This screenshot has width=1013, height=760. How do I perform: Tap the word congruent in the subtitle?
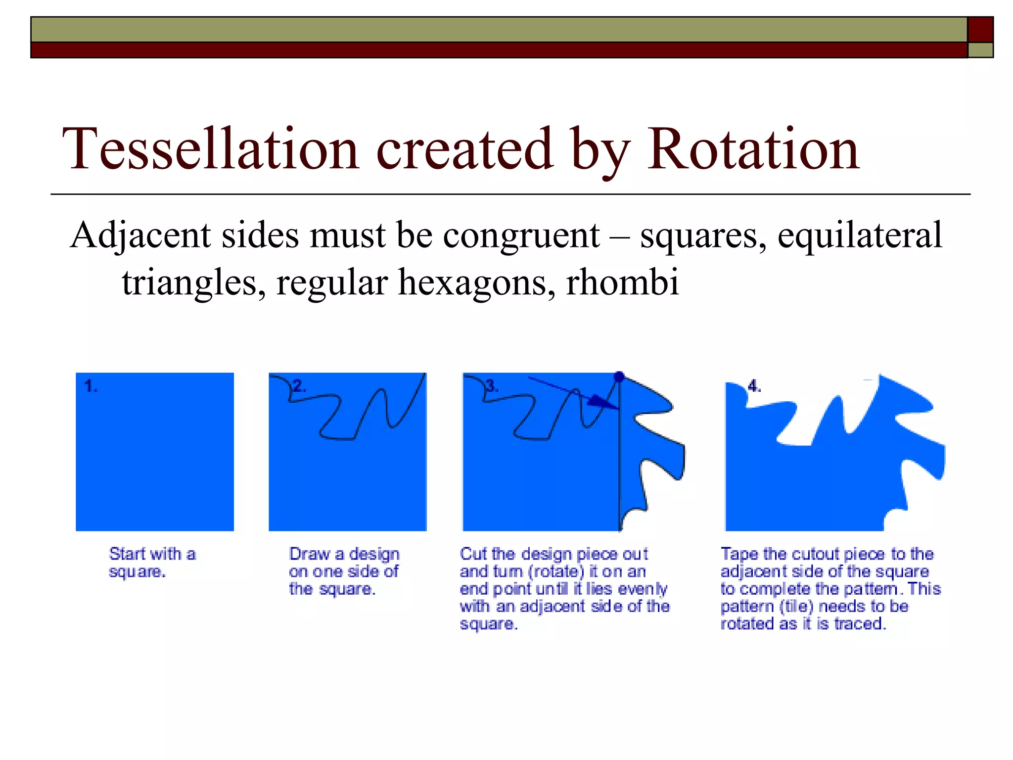pyautogui.click(x=521, y=236)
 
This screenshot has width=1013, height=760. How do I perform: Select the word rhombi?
pyautogui.click(x=622, y=283)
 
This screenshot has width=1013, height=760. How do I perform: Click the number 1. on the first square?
pyautogui.click(x=91, y=386)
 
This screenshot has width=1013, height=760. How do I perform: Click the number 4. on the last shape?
pyautogui.click(x=754, y=386)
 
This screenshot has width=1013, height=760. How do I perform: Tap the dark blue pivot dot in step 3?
pyautogui.click(x=619, y=377)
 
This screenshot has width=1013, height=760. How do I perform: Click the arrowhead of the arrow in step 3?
pyautogui.click(x=601, y=402)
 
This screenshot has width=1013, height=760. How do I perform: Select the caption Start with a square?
pyautogui.click(x=152, y=563)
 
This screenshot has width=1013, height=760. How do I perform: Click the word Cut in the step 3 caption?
pyautogui.click(x=473, y=554)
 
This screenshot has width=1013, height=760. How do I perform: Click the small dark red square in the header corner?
pyautogui.click(x=980, y=29)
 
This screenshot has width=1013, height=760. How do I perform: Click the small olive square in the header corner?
pyautogui.click(x=980, y=50)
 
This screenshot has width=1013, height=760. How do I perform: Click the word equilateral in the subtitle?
pyautogui.click(x=859, y=236)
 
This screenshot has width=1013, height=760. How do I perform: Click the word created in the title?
pyautogui.click(x=464, y=149)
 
